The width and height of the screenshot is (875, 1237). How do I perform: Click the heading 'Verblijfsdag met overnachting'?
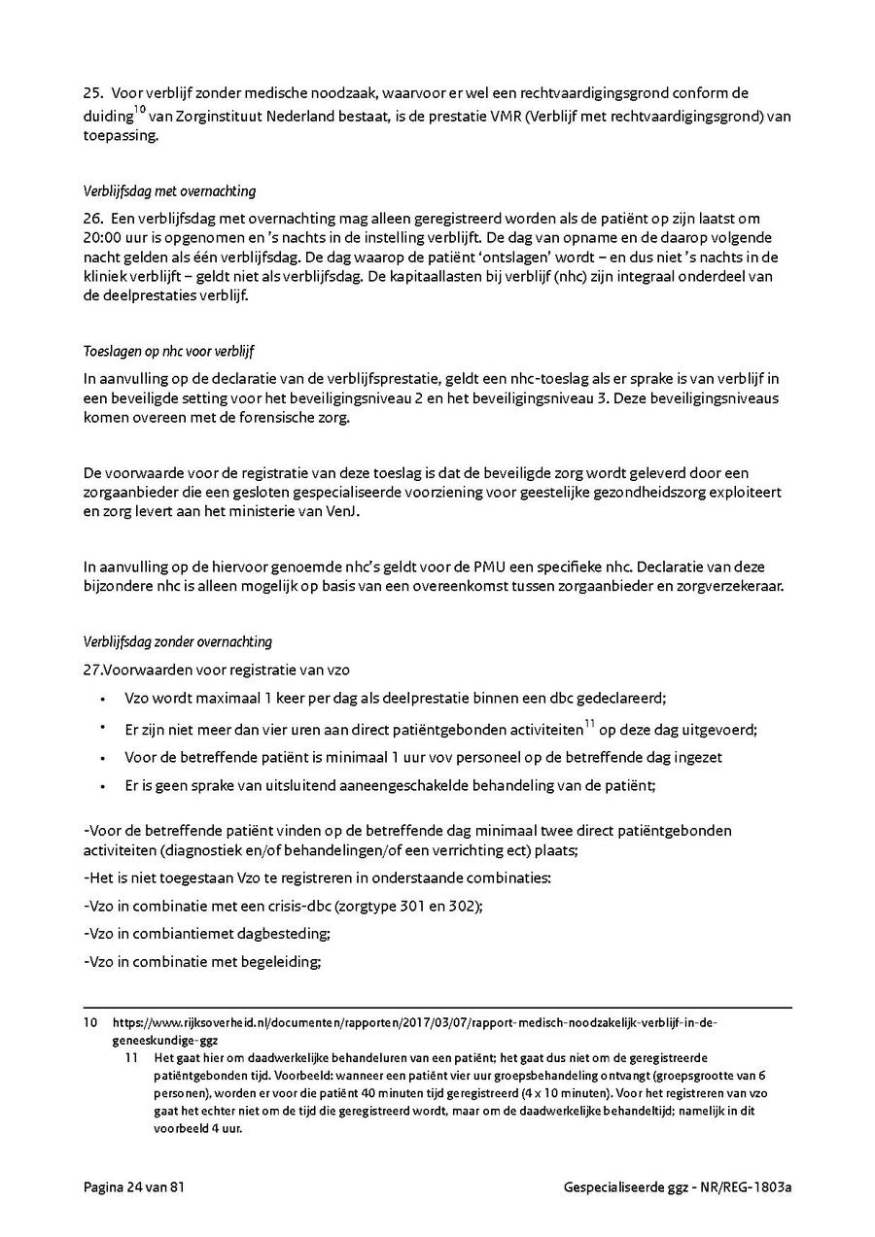pyautogui.click(x=169, y=191)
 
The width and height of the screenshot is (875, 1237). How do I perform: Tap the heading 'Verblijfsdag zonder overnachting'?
pyautogui.click(x=177, y=641)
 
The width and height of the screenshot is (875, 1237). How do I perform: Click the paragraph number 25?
pyautogui.click(x=92, y=93)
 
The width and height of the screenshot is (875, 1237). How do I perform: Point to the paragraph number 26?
pyautogui.click(x=92, y=219)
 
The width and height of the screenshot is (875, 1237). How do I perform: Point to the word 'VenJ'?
pyautogui.click(x=339, y=512)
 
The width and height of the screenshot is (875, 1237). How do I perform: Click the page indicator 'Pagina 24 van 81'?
pyautogui.click(x=133, y=1187)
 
